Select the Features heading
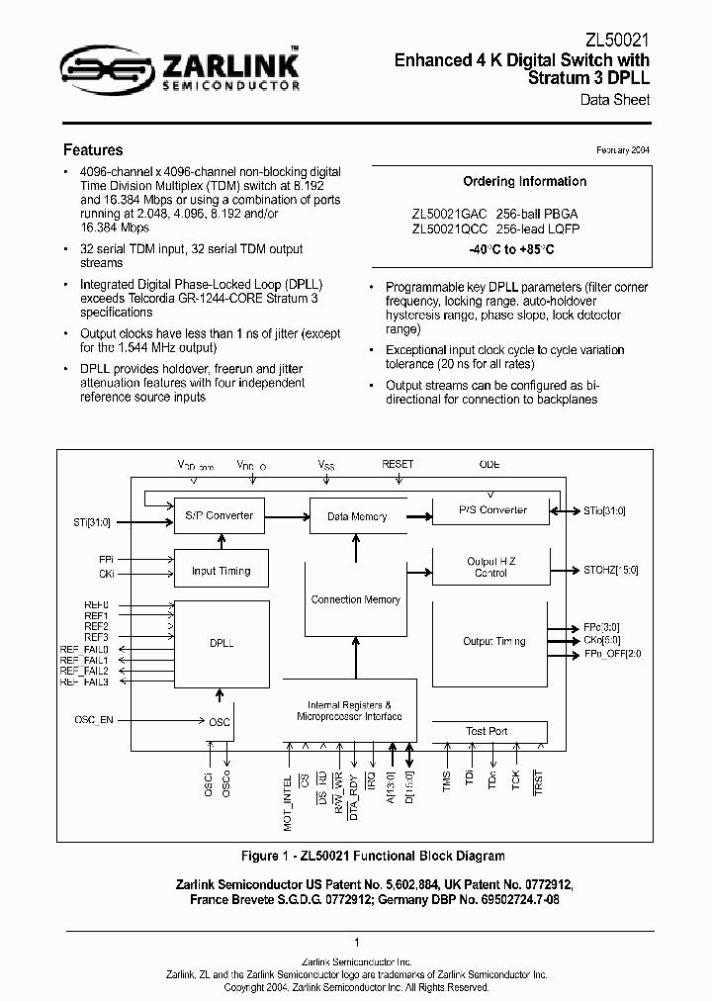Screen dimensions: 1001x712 pyautogui.click(x=93, y=150)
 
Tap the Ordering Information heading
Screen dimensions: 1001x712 pyautogui.click(x=524, y=182)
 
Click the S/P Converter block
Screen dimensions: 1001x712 pyautogui.click(x=219, y=515)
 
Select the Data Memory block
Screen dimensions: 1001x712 pyautogui.click(x=356, y=516)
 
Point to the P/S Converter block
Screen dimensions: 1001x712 pyautogui.click(x=492, y=510)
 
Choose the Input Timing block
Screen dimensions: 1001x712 pyautogui.click(x=221, y=571)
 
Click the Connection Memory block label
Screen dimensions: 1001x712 pyautogui.click(x=356, y=599)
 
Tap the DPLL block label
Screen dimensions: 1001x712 pyautogui.click(x=221, y=642)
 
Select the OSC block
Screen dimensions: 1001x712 pyautogui.click(x=220, y=722)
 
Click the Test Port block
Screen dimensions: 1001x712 pyautogui.click(x=487, y=731)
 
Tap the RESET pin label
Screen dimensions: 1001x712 pyautogui.click(x=397, y=464)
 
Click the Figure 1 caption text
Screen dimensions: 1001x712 pyautogui.click(x=373, y=856)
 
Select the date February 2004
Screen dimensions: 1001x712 pyautogui.click(x=622, y=150)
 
